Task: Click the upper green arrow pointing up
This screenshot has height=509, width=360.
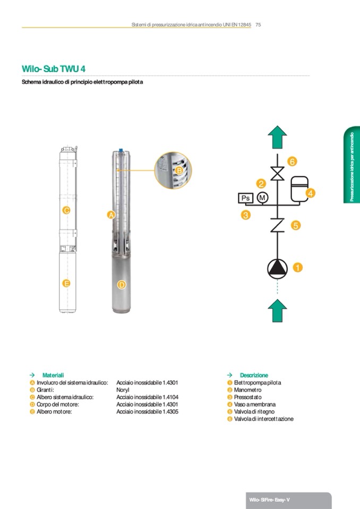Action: [277, 137]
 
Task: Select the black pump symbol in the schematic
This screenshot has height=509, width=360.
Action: [277, 269]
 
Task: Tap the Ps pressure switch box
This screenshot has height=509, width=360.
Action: [245, 198]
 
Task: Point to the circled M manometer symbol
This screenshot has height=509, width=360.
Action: [262, 198]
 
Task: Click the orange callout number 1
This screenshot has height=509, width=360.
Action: [298, 268]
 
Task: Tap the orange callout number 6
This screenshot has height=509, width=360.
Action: [292, 161]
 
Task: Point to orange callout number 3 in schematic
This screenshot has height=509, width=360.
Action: [245, 215]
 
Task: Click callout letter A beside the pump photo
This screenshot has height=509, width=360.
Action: [111, 215]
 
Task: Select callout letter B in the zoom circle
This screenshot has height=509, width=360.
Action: [179, 170]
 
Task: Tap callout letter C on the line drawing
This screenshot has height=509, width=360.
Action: [66, 210]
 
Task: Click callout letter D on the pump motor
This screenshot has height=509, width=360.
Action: [122, 285]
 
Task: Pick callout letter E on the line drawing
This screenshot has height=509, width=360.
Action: [66, 283]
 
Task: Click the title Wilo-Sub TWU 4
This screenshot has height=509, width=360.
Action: [53, 69]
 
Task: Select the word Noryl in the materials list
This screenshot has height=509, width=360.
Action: [123, 390]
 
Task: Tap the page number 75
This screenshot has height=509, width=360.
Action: [258, 24]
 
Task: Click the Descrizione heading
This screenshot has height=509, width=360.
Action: [254, 375]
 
